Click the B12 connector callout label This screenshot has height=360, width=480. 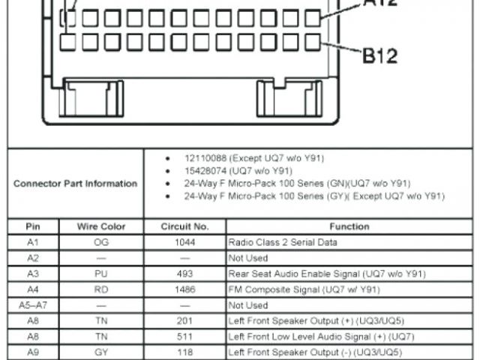(x=380, y=55)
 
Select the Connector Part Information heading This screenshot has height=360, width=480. (x=75, y=183)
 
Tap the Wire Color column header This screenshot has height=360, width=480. (x=101, y=226)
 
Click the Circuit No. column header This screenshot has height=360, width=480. (x=184, y=226)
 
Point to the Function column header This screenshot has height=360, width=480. (x=349, y=226)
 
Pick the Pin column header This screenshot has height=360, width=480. (x=32, y=226)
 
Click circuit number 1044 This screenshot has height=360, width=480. (x=184, y=242)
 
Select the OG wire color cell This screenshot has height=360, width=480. (x=101, y=242)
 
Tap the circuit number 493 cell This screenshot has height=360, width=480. (x=184, y=274)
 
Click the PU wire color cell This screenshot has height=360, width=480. (x=101, y=274)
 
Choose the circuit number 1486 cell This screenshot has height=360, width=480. (x=184, y=289)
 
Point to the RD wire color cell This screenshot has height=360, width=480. (x=101, y=289)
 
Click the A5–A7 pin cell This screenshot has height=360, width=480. (x=32, y=305)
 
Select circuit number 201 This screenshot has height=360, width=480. (x=184, y=321)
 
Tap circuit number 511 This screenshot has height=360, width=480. (x=184, y=337)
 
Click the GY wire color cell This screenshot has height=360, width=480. (x=101, y=352)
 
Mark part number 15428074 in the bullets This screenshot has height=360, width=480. (x=205, y=171)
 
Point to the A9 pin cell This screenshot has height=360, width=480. (x=32, y=352)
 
